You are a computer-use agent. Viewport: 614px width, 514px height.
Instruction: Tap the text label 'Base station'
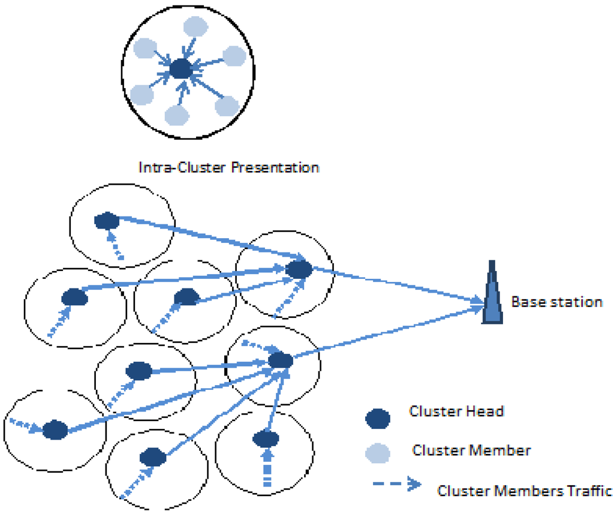(x=556, y=302)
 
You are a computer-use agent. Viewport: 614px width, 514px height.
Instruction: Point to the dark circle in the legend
(x=378, y=418)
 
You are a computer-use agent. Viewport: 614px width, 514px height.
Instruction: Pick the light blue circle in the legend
(x=378, y=452)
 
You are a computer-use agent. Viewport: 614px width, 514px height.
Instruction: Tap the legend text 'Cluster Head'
(x=456, y=411)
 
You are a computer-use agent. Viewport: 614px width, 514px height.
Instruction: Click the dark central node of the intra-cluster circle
(x=180, y=70)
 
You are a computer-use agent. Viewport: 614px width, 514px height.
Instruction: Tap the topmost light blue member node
(x=195, y=26)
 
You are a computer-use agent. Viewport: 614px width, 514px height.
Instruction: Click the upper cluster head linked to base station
(x=298, y=269)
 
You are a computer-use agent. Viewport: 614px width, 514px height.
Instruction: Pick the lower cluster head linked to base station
(x=280, y=360)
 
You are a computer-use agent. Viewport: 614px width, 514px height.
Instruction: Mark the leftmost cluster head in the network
(x=55, y=429)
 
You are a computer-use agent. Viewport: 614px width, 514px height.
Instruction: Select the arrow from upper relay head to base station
(x=396, y=285)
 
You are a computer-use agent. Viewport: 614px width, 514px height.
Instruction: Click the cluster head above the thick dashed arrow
(x=265, y=439)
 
